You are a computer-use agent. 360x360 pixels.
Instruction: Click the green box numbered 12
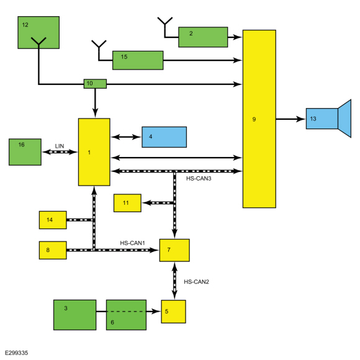[x=38, y=32]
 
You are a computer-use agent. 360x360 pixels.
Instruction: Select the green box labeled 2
[x=203, y=37]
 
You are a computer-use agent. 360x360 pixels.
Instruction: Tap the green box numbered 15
[x=138, y=60]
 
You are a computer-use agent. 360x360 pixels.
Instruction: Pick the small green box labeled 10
[x=95, y=84]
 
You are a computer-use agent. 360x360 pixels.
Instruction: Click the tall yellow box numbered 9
[x=259, y=119]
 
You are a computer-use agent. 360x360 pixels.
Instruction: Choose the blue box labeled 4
[x=164, y=137]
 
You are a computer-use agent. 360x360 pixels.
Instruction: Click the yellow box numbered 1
[x=94, y=152]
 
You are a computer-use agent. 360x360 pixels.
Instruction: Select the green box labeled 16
[x=25, y=152]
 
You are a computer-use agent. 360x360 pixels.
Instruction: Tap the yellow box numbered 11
[x=127, y=203]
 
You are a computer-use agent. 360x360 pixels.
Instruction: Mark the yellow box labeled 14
[x=53, y=220]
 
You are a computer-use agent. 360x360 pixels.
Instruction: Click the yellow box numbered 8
[x=53, y=250]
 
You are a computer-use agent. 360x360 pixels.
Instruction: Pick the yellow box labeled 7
[x=174, y=250]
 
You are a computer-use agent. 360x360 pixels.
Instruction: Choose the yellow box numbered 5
[x=173, y=312]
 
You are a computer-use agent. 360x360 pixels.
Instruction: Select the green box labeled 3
[x=75, y=315]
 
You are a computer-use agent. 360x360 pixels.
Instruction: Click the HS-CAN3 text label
[x=199, y=178]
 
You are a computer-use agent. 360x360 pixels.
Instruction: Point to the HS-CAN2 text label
[x=196, y=282]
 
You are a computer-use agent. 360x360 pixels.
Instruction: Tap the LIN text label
[x=60, y=146]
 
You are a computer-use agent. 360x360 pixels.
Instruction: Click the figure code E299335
[x=16, y=353]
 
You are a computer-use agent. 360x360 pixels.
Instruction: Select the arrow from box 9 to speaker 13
[x=290, y=119]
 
